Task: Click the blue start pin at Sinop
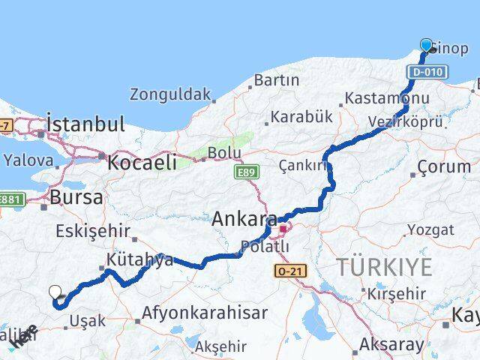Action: (427, 45)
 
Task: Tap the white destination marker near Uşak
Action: (55, 292)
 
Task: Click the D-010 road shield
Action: (427, 72)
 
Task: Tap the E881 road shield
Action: (13, 199)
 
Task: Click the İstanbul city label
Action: (84, 123)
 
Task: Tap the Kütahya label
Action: (139, 259)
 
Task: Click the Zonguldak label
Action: (170, 94)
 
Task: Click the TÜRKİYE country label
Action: (384, 266)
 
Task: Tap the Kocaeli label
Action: (142, 161)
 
